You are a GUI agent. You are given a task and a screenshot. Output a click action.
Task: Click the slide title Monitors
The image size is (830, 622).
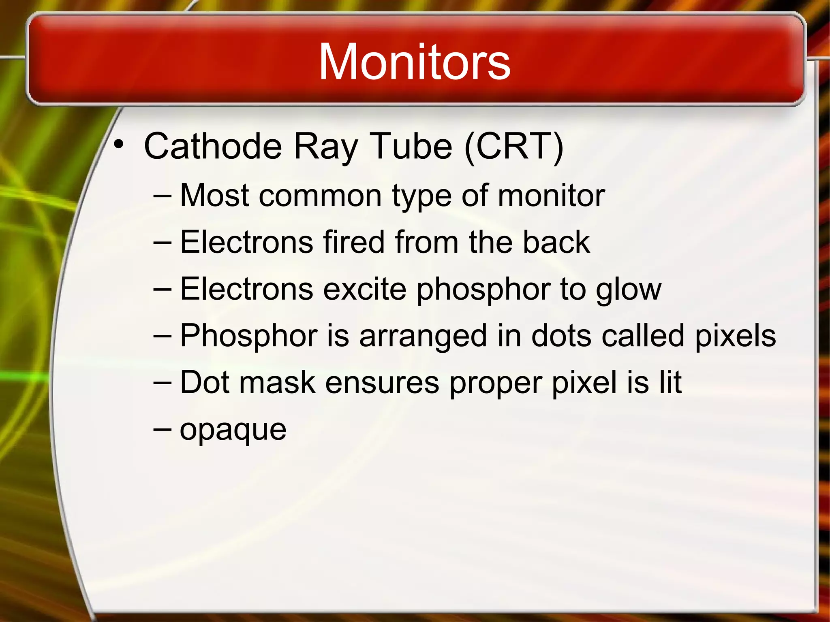414,62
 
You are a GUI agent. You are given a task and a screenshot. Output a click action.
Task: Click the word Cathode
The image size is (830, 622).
213,146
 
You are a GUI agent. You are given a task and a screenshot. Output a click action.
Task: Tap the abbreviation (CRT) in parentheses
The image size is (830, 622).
514,146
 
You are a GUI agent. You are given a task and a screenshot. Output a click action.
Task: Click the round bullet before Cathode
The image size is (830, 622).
118,144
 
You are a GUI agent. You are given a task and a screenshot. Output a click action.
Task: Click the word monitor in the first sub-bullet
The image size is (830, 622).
551,196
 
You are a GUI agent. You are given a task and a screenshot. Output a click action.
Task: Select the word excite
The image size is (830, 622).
365,289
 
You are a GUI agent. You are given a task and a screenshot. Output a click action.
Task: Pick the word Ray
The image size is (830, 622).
325,147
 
